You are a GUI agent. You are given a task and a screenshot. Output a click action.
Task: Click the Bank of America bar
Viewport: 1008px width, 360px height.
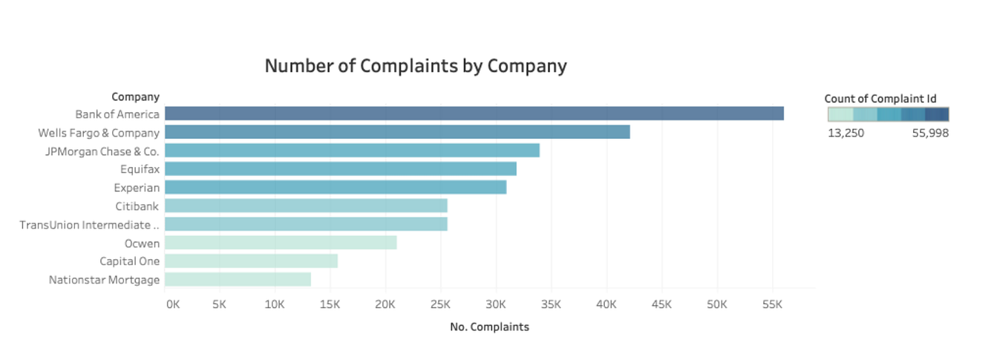pos(474,114)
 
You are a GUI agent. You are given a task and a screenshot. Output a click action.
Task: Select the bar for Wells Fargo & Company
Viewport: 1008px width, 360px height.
pos(397,132)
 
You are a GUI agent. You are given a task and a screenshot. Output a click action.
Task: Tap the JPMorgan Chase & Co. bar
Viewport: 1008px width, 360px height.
pos(352,151)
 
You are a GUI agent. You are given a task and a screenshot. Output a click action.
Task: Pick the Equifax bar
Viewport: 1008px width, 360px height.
pos(340,168)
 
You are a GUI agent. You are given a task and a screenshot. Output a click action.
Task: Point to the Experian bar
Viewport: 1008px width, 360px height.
pos(336,187)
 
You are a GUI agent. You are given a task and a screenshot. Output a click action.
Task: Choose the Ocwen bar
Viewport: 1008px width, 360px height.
pos(281,243)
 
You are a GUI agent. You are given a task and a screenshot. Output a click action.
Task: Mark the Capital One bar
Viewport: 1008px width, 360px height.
pos(251,261)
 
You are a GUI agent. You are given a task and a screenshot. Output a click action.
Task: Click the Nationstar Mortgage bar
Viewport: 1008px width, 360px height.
pos(238,280)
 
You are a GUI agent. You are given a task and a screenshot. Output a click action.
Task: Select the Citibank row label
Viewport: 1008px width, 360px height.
pos(137,206)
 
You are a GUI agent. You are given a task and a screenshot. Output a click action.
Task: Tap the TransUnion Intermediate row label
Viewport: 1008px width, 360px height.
pos(89,224)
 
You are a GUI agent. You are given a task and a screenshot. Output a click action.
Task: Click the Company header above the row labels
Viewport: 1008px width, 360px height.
pos(135,96)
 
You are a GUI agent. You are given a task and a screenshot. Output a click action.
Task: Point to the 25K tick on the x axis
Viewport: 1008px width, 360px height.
pos(440,304)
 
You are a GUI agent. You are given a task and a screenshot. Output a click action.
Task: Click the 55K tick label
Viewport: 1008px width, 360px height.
pos(772,304)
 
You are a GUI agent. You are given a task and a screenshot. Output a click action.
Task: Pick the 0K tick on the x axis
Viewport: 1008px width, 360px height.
pos(172,304)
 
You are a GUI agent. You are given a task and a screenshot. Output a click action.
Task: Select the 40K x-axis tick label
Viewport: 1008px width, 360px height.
pos(606,304)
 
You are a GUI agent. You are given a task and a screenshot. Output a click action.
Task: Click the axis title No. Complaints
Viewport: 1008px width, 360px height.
pos(489,327)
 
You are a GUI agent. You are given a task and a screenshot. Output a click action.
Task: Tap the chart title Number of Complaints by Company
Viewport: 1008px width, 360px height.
pos(416,65)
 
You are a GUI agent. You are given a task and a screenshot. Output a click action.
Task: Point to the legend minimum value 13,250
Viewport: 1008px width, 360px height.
pos(845,134)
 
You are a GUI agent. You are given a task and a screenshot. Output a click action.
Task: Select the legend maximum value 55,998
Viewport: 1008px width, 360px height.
pos(930,134)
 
